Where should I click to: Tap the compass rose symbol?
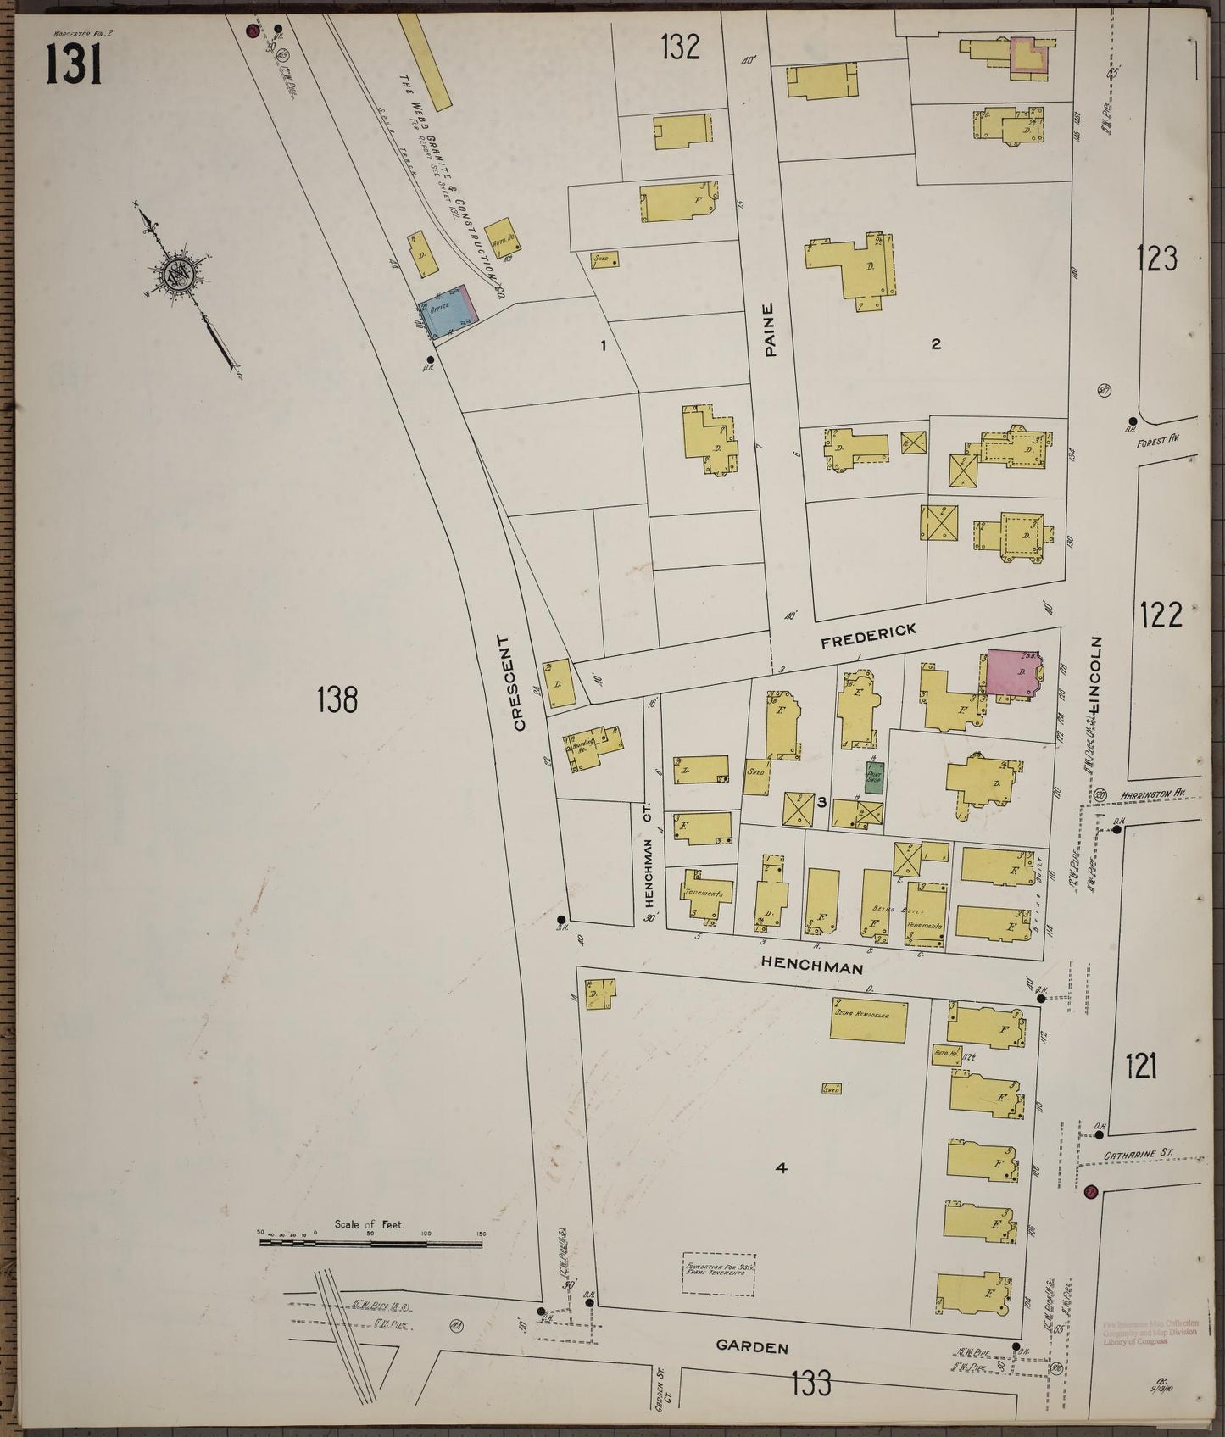coord(183,275)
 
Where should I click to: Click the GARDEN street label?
coord(752,1345)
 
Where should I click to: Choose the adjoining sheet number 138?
coord(337,700)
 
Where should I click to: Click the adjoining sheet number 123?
coord(1158,258)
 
